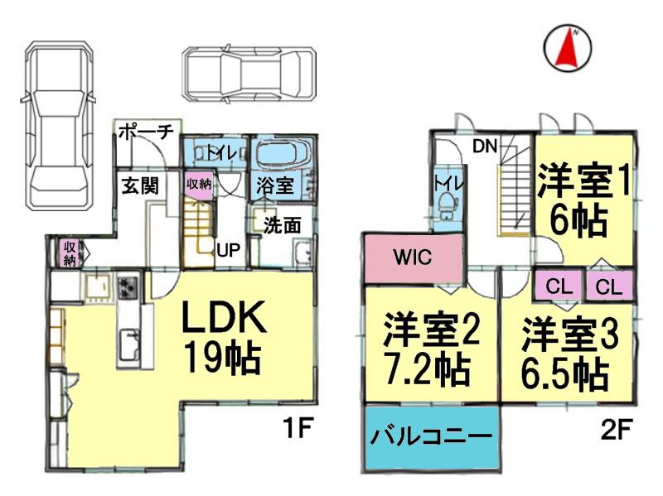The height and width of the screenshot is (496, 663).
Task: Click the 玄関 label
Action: click(x=142, y=185)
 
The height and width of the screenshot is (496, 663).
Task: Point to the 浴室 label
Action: click(x=273, y=185)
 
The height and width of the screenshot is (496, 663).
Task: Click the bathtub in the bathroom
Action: click(x=282, y=154)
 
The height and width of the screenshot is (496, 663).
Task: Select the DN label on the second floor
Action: click(x=485, y=147)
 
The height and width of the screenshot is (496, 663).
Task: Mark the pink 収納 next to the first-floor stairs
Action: click(x=199, y=185)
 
